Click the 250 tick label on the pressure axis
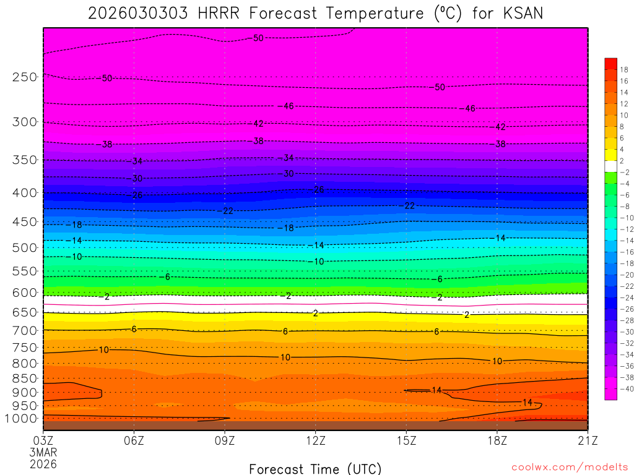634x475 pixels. pos(25,77)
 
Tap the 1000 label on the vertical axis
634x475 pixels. pos(22,419)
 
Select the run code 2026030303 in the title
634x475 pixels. pos(138,13)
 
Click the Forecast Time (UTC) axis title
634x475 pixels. pos(316,468)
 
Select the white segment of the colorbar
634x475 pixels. pos(611,166)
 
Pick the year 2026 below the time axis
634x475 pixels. pos(43,463)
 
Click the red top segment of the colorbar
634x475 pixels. pos(611,63)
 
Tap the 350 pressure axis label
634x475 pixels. pos(25,160)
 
